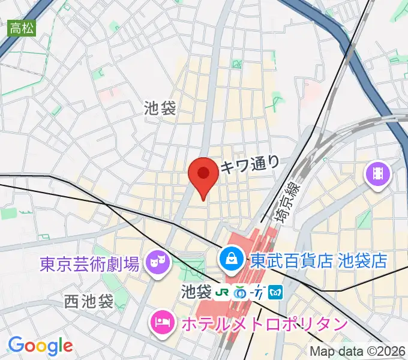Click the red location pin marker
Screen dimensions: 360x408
click(x=203, y=175)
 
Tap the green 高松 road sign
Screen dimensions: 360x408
click(x=22, y=27)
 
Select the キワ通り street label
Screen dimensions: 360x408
click(x=250, y=163)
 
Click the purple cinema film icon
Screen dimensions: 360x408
click(x=378, y=175)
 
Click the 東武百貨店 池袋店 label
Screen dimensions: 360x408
click(x=318, y=261)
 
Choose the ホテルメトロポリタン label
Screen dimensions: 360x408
click(x=264, y=325)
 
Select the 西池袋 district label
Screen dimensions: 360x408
click(x=89, y=302)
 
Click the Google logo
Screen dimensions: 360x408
click(x=40, y=346)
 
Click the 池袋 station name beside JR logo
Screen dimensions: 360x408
click(x=196, y=292)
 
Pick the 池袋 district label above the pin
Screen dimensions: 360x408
click(x=160, y=108)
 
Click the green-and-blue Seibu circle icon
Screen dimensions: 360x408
click(x=240, y=292)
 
